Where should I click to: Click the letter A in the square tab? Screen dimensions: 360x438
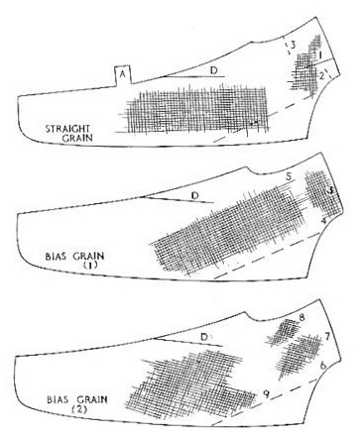point(123,75)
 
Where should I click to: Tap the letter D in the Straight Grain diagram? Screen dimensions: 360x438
point(214,70)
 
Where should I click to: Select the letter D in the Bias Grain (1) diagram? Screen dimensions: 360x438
point(195,195)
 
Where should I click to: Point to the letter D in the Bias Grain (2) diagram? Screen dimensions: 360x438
point(204,338)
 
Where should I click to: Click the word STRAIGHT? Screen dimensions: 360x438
point(67,129)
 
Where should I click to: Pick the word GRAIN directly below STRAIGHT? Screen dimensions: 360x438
point(77,138)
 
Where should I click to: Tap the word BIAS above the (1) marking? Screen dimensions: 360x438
point(56,257)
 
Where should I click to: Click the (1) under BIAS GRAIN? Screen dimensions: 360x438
point(89,265)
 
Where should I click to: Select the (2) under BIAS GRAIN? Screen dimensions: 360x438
point(79,409)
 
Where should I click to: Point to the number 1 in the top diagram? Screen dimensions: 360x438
point(320,54)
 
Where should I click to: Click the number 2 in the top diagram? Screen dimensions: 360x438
point(320,76)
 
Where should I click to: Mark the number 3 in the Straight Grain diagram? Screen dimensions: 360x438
point(293,45)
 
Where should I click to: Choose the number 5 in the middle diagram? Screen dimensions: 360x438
point(289,177)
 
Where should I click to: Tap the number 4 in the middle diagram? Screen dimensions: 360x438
point(324,221)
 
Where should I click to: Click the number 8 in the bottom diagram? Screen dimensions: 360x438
point(301,318)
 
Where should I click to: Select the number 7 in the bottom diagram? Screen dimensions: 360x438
point(327,337)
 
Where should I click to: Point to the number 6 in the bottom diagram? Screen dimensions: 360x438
point(323,366)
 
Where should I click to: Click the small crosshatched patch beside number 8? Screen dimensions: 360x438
point(285,332)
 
